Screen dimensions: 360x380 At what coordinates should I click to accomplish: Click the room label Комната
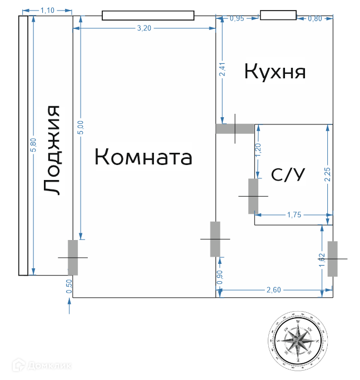143,157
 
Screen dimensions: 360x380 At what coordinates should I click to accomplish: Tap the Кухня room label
275,72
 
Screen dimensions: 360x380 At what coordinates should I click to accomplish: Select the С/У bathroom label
288,175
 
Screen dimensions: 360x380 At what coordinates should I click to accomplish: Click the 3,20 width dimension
144,29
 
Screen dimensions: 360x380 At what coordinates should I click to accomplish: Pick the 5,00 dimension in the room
80,128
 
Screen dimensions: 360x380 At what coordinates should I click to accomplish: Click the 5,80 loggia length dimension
33,145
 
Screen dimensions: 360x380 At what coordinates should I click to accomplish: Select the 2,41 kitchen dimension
222,70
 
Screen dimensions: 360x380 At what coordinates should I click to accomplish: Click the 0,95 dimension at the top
237,18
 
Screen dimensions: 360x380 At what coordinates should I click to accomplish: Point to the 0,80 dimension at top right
315,18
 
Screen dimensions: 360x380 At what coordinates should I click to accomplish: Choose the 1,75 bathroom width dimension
294,214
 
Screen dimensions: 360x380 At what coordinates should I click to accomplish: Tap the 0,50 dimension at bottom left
69,286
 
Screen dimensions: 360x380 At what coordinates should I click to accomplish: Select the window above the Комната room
148,16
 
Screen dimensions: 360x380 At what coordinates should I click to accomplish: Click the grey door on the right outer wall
333,259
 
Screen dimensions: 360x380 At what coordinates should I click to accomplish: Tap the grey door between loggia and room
73,257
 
